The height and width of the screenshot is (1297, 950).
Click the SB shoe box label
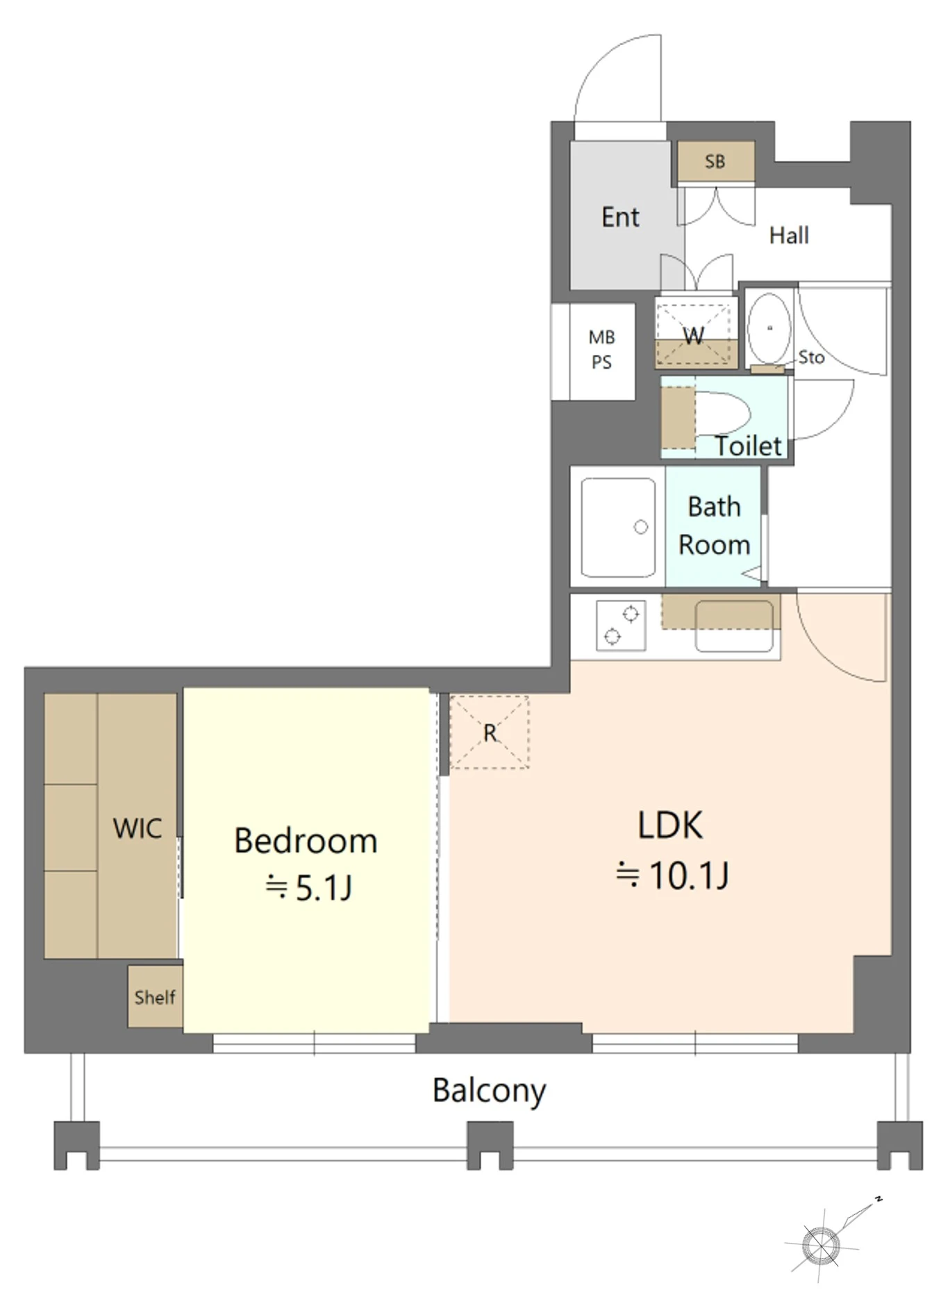coord(715,162)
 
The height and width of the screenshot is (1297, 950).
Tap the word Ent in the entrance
coord(620,217)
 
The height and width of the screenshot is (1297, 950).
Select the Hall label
coord(789,235)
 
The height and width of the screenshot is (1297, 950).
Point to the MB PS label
coord(601,349)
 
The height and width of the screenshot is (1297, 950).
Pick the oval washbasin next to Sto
coord(769,328)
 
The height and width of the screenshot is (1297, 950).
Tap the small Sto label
coord(811,358)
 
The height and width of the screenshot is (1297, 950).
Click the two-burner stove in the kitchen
coord(621,625)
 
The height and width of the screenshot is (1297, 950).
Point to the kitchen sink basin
coord(734,626)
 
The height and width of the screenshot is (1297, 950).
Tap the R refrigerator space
coord(490,733)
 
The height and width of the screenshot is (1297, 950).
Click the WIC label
coord(137,828)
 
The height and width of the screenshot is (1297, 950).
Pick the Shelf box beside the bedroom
coord(155,996)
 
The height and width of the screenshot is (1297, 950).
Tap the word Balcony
coord(489,1091)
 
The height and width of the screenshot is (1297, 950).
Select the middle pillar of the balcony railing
coord(490,1145)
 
